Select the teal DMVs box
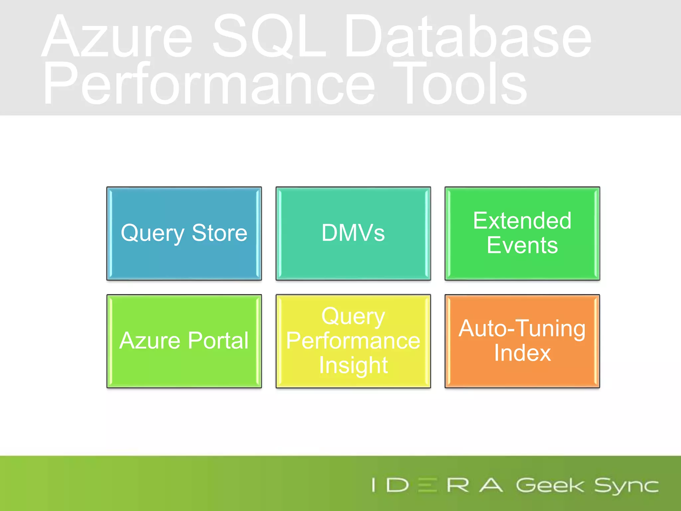click(x=353, y=233)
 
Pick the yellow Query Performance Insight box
click(x=353, y=341)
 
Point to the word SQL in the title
click(x=269, y=37)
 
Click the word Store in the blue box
click(x=219, y=233)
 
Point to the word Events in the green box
click(x=522, y=246)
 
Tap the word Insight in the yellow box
click(x=353, y=365)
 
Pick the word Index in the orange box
click(x=522, y=353)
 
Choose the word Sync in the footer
click(x=626, y=486)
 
